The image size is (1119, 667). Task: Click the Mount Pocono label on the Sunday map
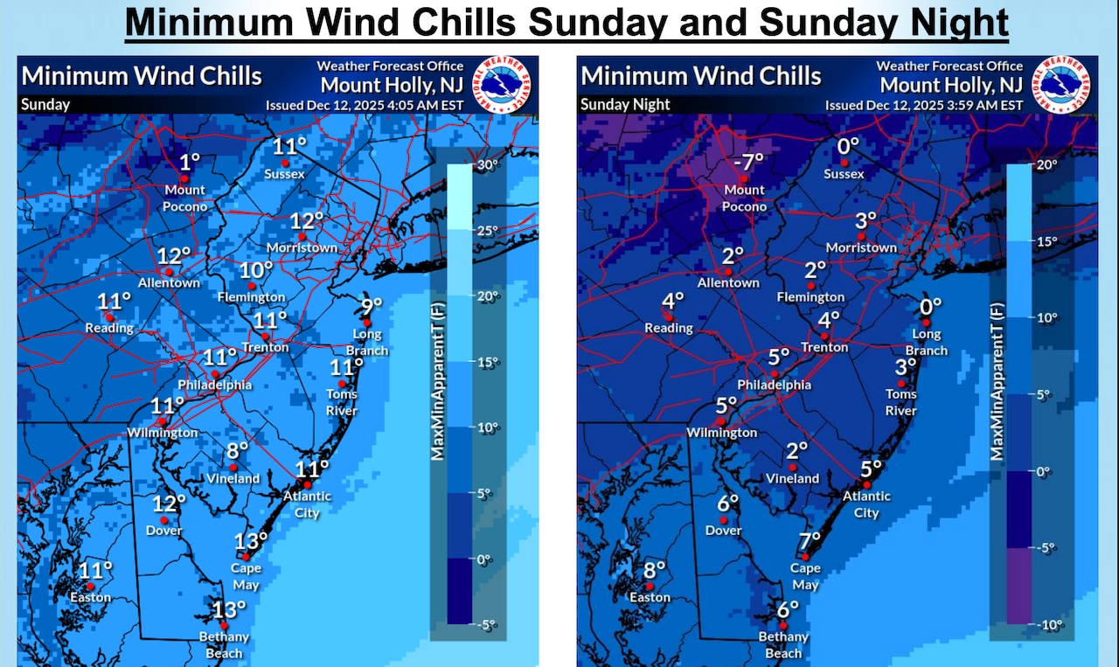pos(185,198)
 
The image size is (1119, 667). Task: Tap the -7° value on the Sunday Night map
pos(748,161)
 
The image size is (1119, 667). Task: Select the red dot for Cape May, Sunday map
pos(247,557)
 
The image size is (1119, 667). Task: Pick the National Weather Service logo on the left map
pos(503,85)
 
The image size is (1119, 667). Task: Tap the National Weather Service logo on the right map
pos(1063,85)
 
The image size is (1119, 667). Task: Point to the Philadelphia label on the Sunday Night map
pos(774,385)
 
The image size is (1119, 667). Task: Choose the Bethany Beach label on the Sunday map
pos(225,646)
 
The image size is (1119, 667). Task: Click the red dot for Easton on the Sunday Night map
pos(649,586)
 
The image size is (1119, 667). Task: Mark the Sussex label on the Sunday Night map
pos(844,174)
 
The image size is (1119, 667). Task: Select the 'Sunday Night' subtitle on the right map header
pos(625,104)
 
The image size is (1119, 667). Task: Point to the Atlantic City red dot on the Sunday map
pos(307,484)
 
